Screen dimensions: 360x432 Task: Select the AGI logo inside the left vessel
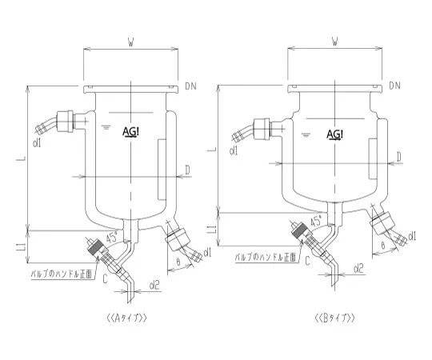[x=131, y=131]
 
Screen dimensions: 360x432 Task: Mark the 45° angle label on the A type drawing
[x=112, y=237]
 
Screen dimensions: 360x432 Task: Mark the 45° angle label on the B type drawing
[x=316, y=218]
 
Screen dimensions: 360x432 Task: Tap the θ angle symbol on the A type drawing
[x=176, y=262]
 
